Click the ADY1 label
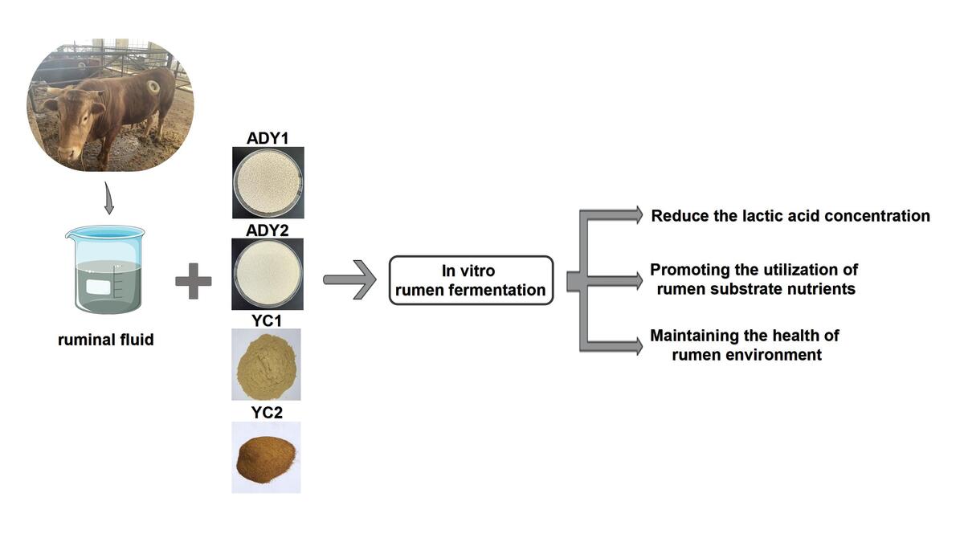[x=268, y=138]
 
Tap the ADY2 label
[x=268, y=230]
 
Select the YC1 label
[x=267, y=320]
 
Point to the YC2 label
[x=267, y=413]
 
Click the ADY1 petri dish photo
[x=268, y=183]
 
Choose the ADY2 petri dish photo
[x=268, y=274]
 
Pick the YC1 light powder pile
[x=267, y=365]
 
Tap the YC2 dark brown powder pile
[x=266, y=459]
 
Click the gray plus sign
[x=194, y=281]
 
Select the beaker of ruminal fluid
[x=106, y=269]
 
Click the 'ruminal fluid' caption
[x=106, y=340]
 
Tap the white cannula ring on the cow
[x=153, y=88]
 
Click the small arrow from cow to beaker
[x=109, y=198]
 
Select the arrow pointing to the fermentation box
[x=350, y=280]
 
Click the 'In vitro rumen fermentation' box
[x=472, y=280]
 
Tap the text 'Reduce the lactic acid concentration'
[x=790, y=216]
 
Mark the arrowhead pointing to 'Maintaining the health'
[x=637, y=346]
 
